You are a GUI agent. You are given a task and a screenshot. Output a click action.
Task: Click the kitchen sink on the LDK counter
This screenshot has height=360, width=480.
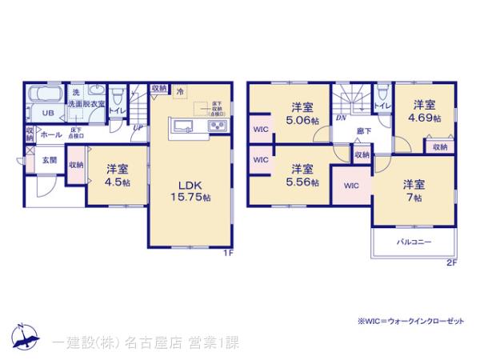point(181,126)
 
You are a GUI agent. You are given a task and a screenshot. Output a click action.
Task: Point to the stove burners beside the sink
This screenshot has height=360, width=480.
point(217,126)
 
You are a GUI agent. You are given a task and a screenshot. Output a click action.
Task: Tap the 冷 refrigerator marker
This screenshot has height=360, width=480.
point(181,91)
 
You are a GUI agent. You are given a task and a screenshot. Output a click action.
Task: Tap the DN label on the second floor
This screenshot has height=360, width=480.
point(341,118)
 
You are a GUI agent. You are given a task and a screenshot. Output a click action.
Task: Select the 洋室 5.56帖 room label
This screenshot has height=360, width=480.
point(302,175)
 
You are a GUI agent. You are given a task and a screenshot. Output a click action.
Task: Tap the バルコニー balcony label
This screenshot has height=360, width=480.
point(414,242)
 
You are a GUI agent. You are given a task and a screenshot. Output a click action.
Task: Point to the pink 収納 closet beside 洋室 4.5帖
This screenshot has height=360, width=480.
point(75,165)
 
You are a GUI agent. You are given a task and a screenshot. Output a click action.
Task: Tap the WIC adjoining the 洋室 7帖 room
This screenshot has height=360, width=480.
point(350,185)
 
